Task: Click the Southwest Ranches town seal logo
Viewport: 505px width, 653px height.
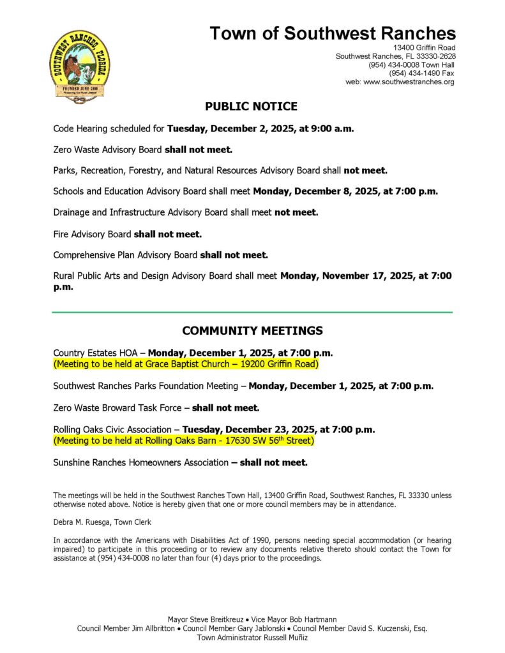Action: click(79, 66)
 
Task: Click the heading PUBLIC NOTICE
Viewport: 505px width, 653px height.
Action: click(251, 106)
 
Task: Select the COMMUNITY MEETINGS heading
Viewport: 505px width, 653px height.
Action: click(252, 331)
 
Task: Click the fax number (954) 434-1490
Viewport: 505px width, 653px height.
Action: click(414, 73)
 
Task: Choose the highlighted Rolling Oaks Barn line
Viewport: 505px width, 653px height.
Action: click(184, 441)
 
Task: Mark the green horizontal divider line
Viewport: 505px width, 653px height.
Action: click(252, 312)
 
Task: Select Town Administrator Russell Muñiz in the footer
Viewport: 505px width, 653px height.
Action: click(252, 637)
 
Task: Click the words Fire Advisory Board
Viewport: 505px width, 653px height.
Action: click(92, 234)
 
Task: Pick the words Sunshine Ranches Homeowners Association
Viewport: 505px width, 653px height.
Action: click(140, 462)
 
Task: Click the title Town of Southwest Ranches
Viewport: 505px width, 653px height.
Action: click(333, 33)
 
